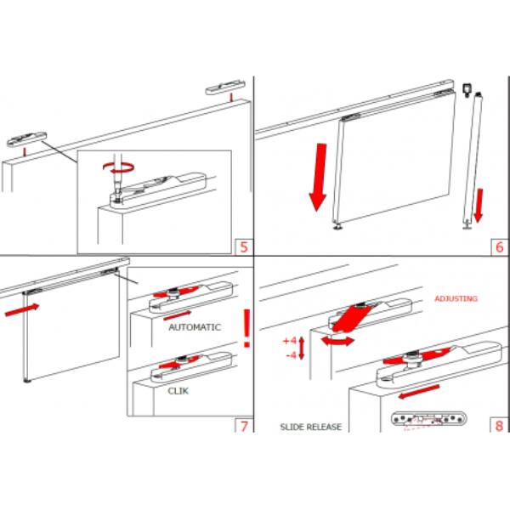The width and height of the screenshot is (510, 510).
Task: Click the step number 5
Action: pos(244,247)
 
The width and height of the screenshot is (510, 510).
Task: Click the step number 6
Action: pos(500,247)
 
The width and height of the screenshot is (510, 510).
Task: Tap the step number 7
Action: pos(244,426)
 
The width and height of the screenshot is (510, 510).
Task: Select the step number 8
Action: pos(499,426)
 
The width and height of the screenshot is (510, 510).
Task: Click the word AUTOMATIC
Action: pos(195,327)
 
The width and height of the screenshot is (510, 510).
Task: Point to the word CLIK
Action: pos(178,391)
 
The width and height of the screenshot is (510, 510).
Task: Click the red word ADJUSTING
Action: pos(456,298)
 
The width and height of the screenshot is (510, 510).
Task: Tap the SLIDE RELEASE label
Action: pos(311,427)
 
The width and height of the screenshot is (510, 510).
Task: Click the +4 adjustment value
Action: pos(290,341)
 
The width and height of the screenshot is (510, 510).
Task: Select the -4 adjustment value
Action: pos(292,355)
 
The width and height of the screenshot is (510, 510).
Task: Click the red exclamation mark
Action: pos(247,328)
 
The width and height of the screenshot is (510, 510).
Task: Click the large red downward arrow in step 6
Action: pos(318,177)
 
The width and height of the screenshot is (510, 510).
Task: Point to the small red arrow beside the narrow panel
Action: pos(479,206)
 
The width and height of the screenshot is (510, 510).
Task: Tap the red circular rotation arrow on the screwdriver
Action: pos(118,167)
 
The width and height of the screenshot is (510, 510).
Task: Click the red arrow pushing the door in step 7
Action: pos(22,309)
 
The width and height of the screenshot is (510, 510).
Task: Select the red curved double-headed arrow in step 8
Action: pos(337,341)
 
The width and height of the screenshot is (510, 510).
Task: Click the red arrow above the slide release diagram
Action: pos(419,392)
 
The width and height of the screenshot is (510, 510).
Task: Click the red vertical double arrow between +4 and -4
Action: pos(302,348)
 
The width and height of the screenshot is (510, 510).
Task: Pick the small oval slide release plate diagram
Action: pos(428,419)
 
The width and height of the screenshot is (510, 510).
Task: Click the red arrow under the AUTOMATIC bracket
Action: pos(177,315)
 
